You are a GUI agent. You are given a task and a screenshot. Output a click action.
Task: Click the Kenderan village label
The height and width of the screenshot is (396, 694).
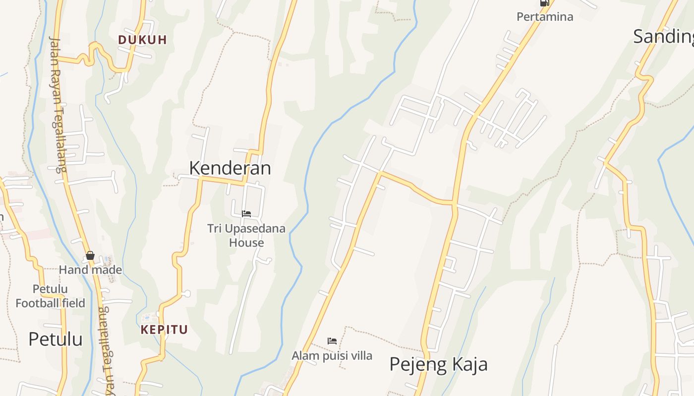[x=230, y=168]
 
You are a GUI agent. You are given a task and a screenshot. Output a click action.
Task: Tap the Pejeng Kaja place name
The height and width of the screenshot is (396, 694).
[x=438, y=364]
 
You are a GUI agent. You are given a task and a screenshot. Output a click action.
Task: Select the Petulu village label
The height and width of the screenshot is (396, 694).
[x=55, y=340]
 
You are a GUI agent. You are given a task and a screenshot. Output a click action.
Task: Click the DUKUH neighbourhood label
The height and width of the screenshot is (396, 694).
[x=142, y=40]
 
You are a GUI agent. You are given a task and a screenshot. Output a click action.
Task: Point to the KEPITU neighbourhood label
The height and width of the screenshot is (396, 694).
[x=164, y=330]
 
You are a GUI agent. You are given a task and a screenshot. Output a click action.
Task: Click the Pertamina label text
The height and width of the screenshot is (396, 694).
[x=545, y=17]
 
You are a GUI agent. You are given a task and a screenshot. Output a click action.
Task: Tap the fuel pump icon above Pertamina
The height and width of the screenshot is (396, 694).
[x=544, y=2]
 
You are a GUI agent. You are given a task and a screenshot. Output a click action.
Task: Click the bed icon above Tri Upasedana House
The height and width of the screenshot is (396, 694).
[x=246, y=214]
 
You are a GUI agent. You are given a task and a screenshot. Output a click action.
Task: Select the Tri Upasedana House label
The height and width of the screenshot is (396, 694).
[x=246, y=236]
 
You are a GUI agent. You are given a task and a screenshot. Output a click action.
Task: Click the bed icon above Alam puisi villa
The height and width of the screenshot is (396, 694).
[x=332, y=341]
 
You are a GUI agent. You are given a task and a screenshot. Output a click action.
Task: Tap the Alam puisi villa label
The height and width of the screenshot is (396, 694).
[x=332, y=355]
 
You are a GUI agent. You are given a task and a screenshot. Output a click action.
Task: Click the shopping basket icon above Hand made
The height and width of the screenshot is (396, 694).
[x=90, y=255]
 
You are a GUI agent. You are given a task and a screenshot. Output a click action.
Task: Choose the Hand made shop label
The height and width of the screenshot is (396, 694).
[x=90, y=270]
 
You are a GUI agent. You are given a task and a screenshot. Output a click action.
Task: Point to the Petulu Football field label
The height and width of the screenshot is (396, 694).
[x=50, y=296]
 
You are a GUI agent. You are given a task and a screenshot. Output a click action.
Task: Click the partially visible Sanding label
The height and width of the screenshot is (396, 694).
[x=663, y=37]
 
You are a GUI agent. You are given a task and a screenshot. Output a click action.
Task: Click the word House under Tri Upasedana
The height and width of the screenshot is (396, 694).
[x=246, y=243]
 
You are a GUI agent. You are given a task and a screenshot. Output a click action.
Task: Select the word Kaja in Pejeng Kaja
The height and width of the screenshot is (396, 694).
[x=469, y=364]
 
